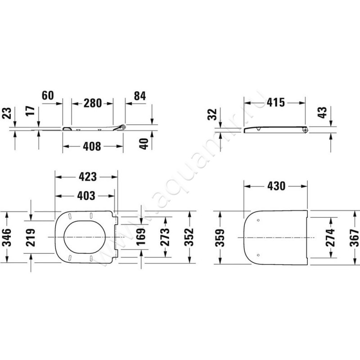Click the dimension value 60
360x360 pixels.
48,96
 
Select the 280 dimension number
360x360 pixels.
92,103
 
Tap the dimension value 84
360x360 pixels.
140,96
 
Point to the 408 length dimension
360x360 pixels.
93,146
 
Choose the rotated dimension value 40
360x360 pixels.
144,144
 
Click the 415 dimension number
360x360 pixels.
276,103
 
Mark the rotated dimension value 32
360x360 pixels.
213,115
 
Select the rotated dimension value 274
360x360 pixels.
331,236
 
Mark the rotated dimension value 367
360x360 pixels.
354,236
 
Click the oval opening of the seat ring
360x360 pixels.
84,237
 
